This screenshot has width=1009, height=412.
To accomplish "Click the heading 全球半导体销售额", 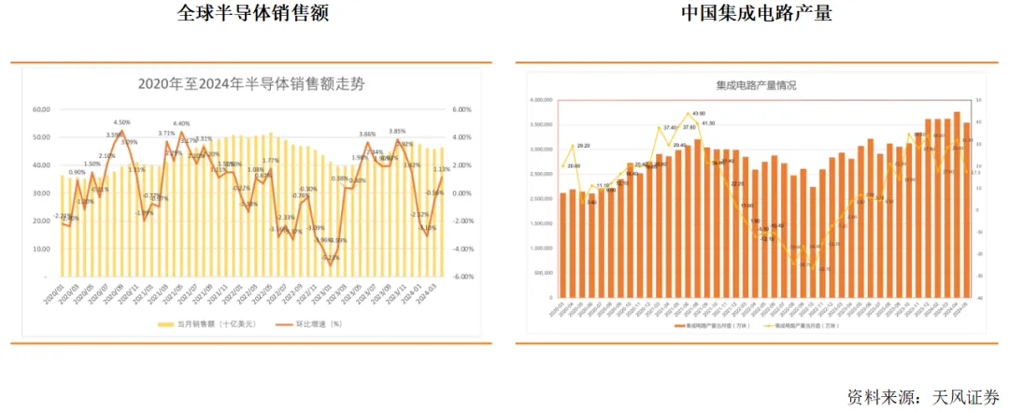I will tap(252, 15).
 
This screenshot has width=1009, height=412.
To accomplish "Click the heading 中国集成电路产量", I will tap(756, 15).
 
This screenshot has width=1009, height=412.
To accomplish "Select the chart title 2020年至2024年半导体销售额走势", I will tap(251, 84).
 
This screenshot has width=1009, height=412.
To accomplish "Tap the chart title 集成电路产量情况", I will tap(756, 85).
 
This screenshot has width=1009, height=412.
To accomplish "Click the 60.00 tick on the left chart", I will tap(41, 110).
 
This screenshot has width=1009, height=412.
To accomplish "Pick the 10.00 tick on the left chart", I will tap(41, 249).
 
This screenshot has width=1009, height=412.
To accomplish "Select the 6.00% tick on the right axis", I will tap(463, 110).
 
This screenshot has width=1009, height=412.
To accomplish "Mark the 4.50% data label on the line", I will tap(121, 122).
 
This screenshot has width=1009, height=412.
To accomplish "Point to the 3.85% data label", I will tap(396, 132).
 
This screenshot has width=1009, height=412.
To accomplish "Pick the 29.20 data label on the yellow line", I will tap(583, 146).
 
